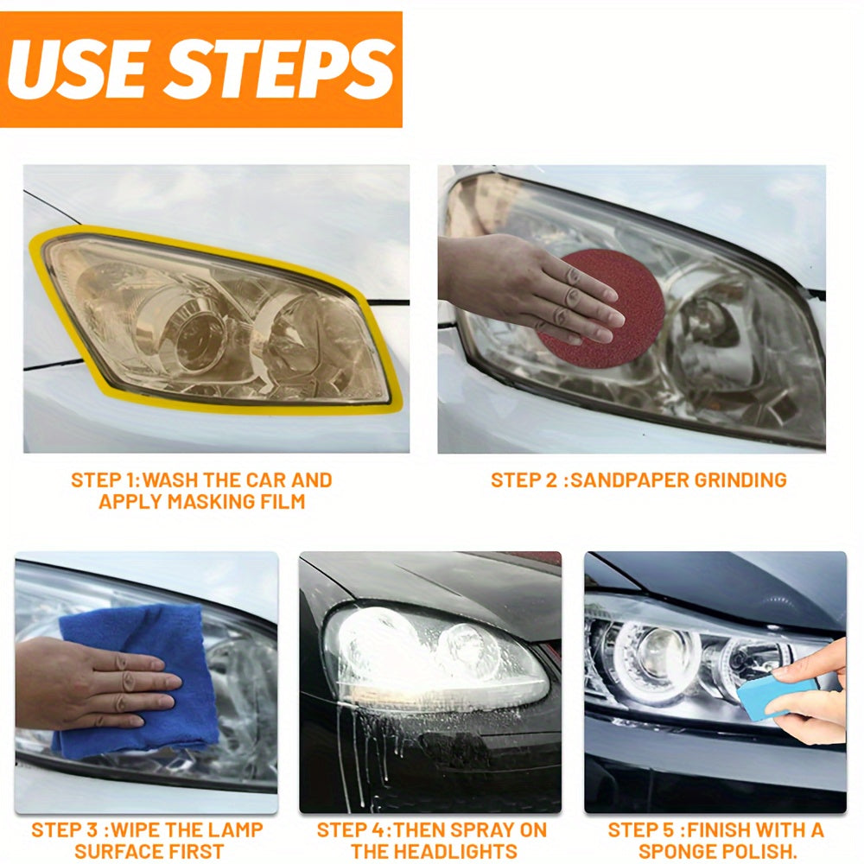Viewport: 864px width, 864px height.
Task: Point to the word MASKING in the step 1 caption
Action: click(x=196, y=501)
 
